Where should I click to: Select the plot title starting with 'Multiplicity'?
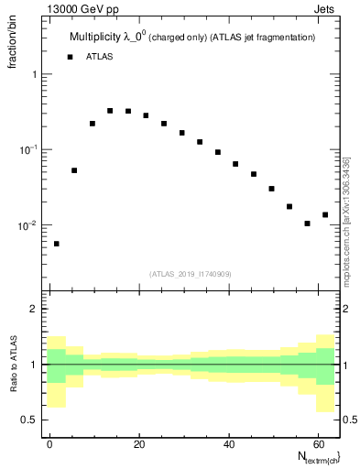192,38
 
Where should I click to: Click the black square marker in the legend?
70,57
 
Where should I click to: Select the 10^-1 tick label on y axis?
28,149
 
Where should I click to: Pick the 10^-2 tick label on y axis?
28,225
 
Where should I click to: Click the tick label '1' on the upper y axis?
35,74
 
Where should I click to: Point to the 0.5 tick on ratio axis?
30,420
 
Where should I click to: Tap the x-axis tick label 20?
138,442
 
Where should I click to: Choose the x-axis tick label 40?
227,442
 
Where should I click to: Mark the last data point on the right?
325,214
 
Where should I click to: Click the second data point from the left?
74,170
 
